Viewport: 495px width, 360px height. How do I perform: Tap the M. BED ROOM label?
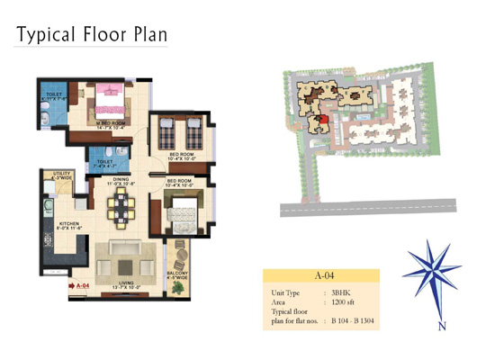pyautogui.click(x=111, y=121)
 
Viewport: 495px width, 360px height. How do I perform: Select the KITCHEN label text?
pyautogui.click(x=72, y=220)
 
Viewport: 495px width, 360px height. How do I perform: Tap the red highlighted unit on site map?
pyautogui.click(x=316, y=122)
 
